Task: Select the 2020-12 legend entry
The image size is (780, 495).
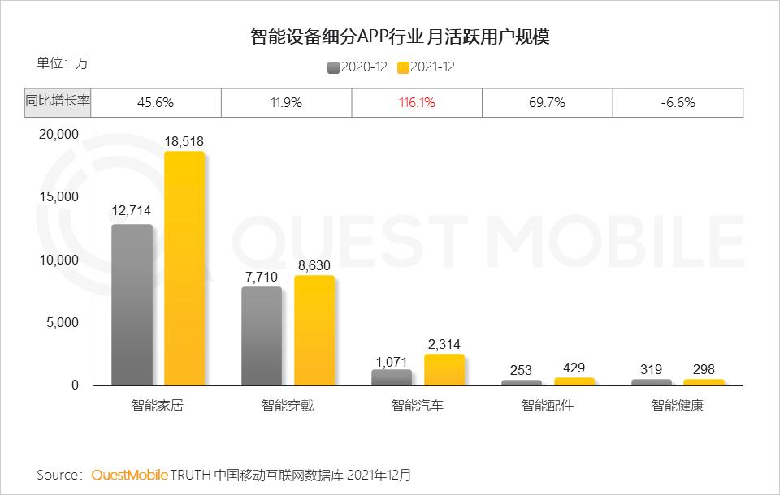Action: (x=357, y=67)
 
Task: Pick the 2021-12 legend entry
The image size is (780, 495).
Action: (x=427, y=67)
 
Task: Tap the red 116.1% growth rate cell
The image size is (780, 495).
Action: (x=417, y=103)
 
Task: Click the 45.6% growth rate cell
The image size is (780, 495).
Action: (x=156, y=103)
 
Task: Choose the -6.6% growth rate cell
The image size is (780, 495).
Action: (x=678, y=103)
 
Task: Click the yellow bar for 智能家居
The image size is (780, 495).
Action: (x=184, y=268)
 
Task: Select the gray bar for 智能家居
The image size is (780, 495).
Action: (x=132, y=304)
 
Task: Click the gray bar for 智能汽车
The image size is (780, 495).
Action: (x=392, y=377)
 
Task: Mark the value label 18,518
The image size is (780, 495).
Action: (x=184, y=142)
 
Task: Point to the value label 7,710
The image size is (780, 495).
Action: (x=262, y=278)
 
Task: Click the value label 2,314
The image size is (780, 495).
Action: (x=444, y=345)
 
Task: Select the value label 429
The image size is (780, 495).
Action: (x=574, y=368)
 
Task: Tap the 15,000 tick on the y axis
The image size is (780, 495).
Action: (x=58, y=197)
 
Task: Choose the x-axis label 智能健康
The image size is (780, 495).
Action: (x=677, y=406)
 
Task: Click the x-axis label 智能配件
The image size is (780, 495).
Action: (x=548, y=406)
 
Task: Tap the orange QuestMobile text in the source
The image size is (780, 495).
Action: (x=130, y=474)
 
